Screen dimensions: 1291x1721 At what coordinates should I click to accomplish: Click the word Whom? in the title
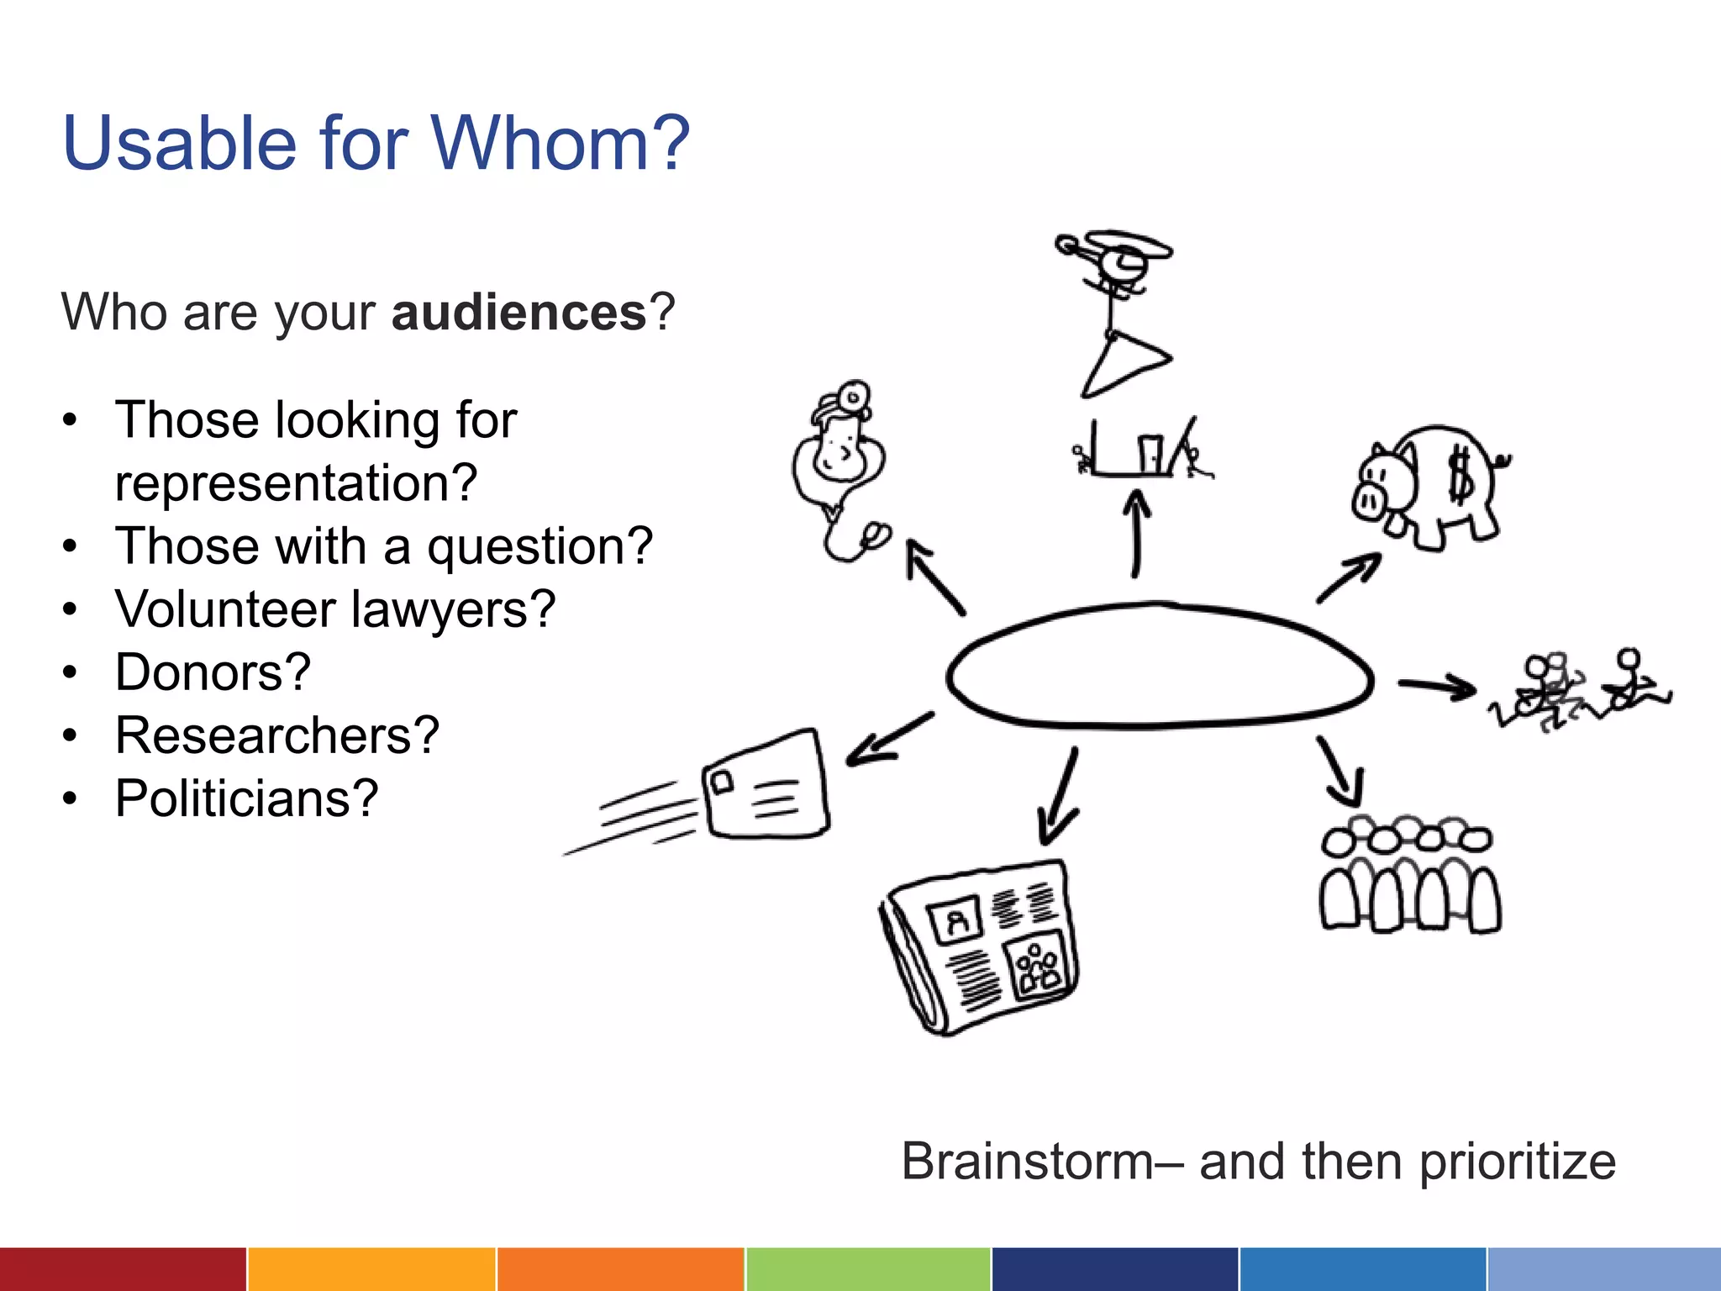click(561, 143)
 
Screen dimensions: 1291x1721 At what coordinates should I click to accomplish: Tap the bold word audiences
click(518, 313)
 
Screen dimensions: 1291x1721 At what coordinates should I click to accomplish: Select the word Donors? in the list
click(213, 672)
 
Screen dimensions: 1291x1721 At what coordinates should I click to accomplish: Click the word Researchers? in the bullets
click(277, 735)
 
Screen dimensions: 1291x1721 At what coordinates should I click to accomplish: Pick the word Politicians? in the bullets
click(246, 798)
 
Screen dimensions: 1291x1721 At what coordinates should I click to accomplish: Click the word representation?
click(296, 483)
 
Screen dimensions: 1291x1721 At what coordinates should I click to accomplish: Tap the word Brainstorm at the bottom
click(1027, 1162)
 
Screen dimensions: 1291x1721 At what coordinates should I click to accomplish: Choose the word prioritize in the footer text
click(1517, 1162)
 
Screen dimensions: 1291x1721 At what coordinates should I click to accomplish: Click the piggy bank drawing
click(1429, 487)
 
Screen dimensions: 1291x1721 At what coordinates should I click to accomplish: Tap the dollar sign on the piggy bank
click(1460, 477)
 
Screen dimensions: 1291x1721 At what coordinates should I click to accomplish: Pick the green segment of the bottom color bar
click(868, 1269)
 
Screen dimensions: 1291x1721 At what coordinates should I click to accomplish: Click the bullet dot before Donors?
click(71, 672)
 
